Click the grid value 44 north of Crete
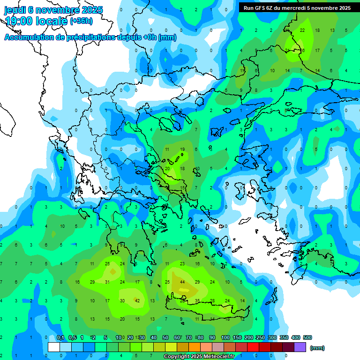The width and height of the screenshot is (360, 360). pyautogui.click(x=182, y=282)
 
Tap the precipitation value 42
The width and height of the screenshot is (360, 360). pyautogui.click(x=137, y=300)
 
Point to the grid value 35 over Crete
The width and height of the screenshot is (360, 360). pyautogui.click(x=197, y=300)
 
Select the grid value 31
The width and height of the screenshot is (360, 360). pyautogui.click(x=107, y=282)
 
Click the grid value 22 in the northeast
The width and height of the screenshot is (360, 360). pyautogui.click(x=302, y=30)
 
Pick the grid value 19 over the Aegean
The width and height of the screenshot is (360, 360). pyautogui.click(x=182, y=150)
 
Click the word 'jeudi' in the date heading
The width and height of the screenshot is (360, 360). pyautogui.click(x=15, y=10)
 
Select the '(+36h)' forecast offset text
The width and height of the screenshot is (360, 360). pyautogui.click(x=81, y=21)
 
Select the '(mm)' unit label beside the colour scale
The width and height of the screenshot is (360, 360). pyautogui.click(x=317, y=348)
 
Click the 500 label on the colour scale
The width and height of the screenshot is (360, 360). pyautogui.click(x=307, y=337)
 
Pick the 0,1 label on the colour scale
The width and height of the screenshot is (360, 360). pyautogui.click(x=60, y=337)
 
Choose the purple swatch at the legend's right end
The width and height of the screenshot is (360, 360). pyautogui.click(x=300, y=347)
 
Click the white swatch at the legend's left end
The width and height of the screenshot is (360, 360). pyautogui.click(x=54, y=347)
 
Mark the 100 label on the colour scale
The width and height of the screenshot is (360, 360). pyautogui.click(x=225, y=337)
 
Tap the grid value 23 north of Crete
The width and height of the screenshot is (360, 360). pyautogui.click(x=182, y=264)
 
